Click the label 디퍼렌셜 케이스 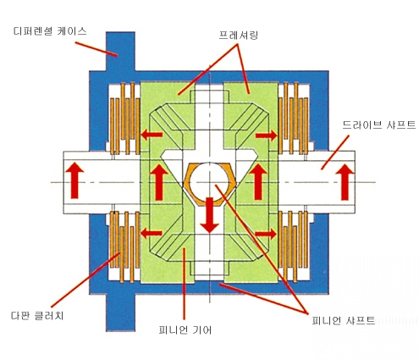click(50, 31)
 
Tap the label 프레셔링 click(239, 36)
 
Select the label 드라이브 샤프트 click(379, 125)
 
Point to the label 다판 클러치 click(37, 315)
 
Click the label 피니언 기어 click(185, 330)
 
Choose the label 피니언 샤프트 click(344, 320)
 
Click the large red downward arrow click(209, 215)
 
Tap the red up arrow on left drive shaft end click(74, 180)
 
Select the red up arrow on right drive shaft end click(345, 182)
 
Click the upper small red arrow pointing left click(152, 135)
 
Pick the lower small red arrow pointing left click(152, 234)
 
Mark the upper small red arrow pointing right click(267, 136)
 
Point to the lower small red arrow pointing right click(267, 234)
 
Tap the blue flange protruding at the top click(120, 51)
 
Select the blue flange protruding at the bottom click(120, 313)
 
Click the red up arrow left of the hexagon click(159, 182)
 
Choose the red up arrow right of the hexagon click(258, 182)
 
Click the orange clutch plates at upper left click(125, 119)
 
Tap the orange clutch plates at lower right click(294, 246)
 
